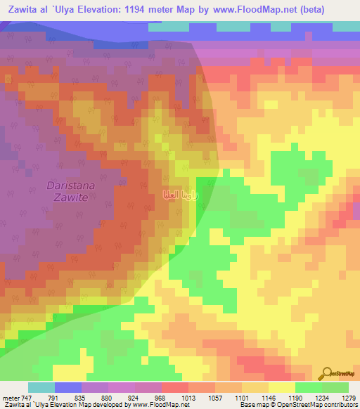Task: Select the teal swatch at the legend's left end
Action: point(41,387)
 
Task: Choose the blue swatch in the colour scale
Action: point(68,387)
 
